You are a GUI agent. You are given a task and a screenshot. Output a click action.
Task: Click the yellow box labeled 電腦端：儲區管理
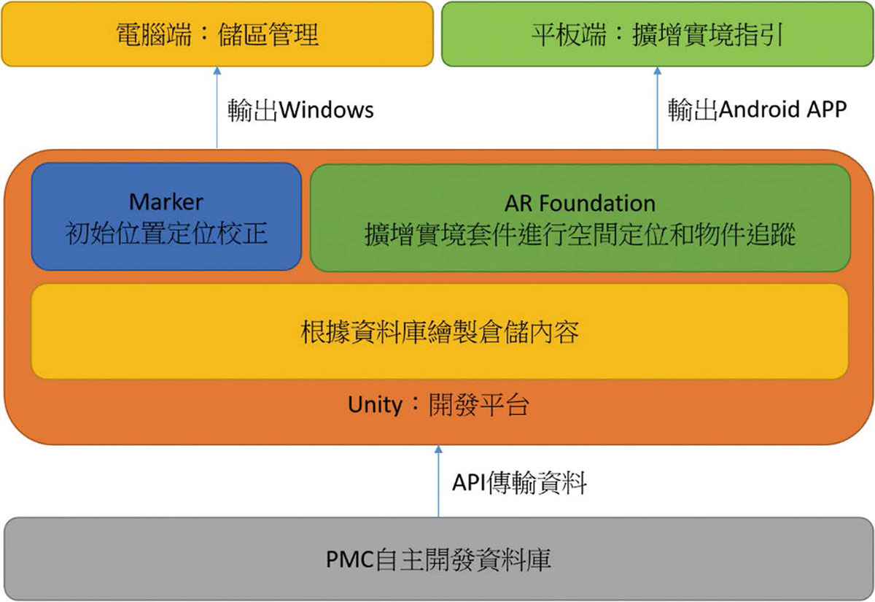pyautogui.click(x=217, y=34)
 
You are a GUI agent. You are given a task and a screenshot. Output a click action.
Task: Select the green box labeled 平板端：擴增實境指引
pyautogui.click(x=658, y=34)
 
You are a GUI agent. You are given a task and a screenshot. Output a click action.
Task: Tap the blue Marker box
pyautogui.click(x=166, y=217)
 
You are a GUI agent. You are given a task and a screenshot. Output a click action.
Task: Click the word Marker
pyautogui.click(x=166, y=202)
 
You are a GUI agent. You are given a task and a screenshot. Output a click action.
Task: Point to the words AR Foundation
pyautogui.click(x=580, y=204)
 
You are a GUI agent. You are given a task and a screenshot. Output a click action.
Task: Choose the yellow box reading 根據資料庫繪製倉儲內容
pyautogui.click(x=440, y=331)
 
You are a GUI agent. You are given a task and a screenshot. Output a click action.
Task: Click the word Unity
pyautogui.click(x=375, y=404)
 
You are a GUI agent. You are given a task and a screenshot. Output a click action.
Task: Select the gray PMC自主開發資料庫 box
pyautogui.click(x=439, y=559)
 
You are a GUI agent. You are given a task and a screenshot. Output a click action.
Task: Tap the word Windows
pyautogui.click(x=327, y=110)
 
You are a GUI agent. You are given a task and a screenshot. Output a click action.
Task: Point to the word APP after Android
pyautogui.click(x=827, y=109)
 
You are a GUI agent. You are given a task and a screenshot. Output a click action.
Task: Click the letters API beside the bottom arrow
pyautogui.click(x=469, y=483)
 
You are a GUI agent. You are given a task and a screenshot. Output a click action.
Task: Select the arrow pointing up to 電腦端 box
pyautogui.click(x=217, y=107)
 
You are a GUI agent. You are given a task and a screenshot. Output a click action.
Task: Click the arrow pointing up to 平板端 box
pyautogui.click(x=658, y=109)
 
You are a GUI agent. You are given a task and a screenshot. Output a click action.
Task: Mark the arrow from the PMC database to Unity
pyautogui.click(x=438, y=481)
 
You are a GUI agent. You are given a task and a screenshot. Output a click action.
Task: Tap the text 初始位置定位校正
pyautogui.click(x=166, y=234)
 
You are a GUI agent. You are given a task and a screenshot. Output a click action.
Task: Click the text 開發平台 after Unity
pyautogui.click(x=479, y=406)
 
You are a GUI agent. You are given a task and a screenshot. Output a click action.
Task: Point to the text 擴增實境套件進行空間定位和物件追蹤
pyautogui.click(x=580, y=234)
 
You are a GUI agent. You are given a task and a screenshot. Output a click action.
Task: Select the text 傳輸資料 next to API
pyautogui.click(x=537, y=483)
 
